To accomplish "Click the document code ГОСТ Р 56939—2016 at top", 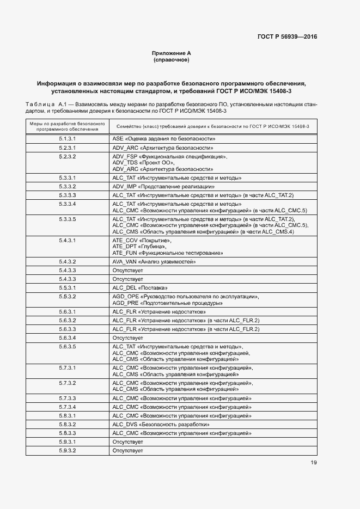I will tap(287, 37).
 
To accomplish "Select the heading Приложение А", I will tap(172, 53).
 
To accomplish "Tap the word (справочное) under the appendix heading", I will tap(172, 59).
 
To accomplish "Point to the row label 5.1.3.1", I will tap(67, 139).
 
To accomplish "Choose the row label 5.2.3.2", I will tap(67, 157).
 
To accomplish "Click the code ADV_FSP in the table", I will tap(124, 157).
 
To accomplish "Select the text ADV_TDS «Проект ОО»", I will tap(143, 163).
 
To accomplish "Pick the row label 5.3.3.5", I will tap(67, 219).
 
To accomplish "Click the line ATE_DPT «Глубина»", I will tap(137, 247).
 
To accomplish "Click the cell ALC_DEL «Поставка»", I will tap(140, 287).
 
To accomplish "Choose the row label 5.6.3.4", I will tap(67, 338).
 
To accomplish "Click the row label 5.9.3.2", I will tap(67, 451).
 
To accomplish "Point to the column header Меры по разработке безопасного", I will tap(67, 124).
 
